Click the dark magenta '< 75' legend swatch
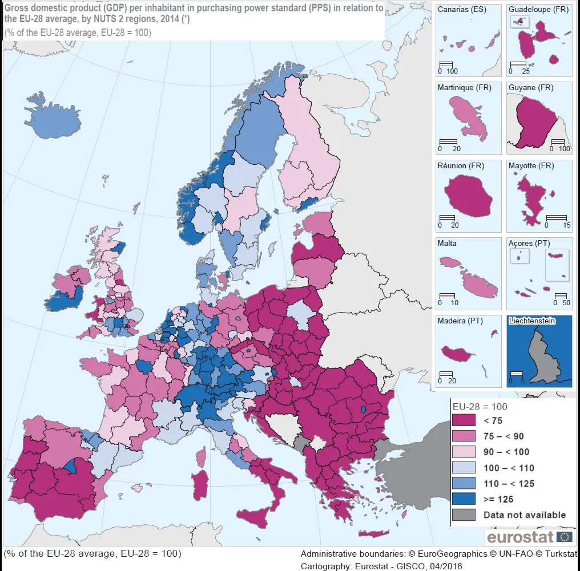point(464,420)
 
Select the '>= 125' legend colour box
point(464,499)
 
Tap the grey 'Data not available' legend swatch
point(464,515)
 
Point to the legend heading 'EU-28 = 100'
point(480,407)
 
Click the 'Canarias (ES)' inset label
point(462,10)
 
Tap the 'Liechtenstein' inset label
point(532,321)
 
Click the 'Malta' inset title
point(447,243)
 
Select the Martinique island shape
point(468,116)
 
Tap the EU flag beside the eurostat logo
point(565,536)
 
